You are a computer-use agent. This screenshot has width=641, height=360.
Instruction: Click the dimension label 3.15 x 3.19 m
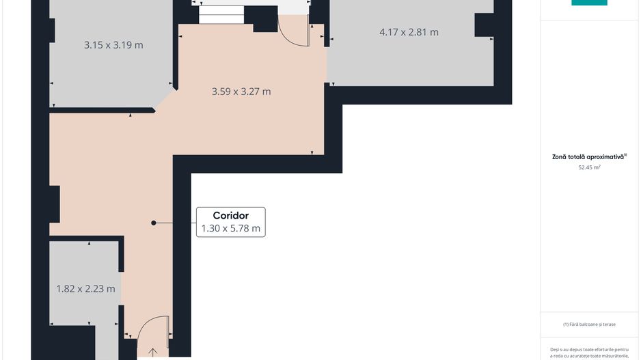(x=113, y=45)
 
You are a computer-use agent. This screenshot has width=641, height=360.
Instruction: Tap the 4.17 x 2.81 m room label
(x=409, y=31)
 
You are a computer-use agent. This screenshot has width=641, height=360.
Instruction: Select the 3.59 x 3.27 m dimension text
(x=241, y=92)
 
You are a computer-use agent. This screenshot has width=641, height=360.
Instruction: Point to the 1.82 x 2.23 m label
(x=85, y=289)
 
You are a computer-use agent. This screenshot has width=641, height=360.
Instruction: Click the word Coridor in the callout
(x=230, y=216)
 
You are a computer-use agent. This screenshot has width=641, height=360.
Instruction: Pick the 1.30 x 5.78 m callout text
(x=230, y=229)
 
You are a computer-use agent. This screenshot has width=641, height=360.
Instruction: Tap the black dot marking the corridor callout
(x=154, y=223)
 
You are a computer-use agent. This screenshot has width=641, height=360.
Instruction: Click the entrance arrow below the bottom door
(x=152, y=352)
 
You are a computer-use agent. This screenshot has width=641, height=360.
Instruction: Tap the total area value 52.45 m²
(x=589, y=167)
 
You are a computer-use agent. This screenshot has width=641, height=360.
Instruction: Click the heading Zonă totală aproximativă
(x=588, y=156)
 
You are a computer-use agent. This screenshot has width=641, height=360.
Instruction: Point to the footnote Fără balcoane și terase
(x=589, y=324)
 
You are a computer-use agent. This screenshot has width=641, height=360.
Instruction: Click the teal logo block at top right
(x=589, y=3)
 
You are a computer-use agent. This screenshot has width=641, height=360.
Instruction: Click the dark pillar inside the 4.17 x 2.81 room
(x=484, y=25)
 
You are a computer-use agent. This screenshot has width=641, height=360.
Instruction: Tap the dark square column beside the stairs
(x=265, y=20)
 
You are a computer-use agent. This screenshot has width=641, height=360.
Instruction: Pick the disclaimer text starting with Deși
(x=589, y=352)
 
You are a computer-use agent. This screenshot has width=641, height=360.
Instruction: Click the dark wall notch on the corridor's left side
(x=54, y=203)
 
